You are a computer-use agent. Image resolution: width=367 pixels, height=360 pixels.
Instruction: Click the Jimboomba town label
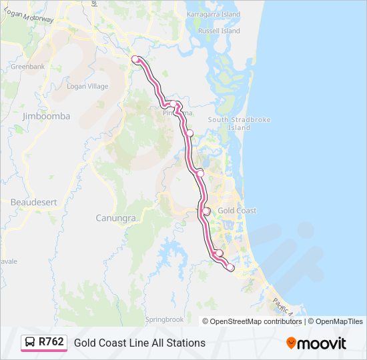46,116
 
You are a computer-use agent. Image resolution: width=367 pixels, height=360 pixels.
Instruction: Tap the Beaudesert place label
32,201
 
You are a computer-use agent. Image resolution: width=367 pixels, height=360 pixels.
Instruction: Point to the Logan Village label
87,86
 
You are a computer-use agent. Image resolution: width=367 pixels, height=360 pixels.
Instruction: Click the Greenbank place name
27,67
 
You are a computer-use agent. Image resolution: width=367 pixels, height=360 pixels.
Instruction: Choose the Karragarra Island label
214,13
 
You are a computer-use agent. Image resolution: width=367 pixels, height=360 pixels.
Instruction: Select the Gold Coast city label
237,211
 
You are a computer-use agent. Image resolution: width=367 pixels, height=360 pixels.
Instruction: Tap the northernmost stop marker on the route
135,59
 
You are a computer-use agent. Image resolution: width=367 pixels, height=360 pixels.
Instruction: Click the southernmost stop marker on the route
230,267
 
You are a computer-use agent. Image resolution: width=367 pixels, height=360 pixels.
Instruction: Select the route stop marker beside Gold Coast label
206,211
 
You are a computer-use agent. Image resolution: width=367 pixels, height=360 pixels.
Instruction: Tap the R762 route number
51,342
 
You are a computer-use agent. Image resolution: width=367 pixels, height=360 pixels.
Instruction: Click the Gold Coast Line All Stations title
139,343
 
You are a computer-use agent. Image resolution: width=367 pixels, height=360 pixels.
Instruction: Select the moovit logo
316,343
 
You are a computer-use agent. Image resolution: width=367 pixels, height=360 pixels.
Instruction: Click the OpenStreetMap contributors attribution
256,321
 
